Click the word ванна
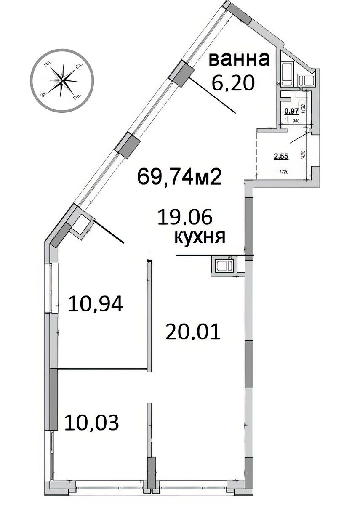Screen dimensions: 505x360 tap(239, 59)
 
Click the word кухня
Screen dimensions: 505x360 tap(200, 238)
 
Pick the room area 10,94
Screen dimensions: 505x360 tap(96, 304)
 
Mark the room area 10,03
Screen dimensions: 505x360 tap(91, 422)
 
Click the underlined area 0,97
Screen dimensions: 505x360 tap(291, 111)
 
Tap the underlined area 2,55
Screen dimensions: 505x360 tap(281, 157)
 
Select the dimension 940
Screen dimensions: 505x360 tap(296, 120)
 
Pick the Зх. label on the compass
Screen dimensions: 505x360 tap(43, 95)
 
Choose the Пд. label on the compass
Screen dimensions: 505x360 tap(77, 98)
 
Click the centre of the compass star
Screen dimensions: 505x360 tap(61, 80)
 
